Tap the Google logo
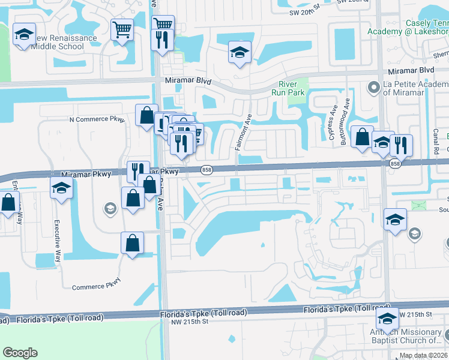pos(20,352)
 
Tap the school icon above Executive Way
pos(61,188)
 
